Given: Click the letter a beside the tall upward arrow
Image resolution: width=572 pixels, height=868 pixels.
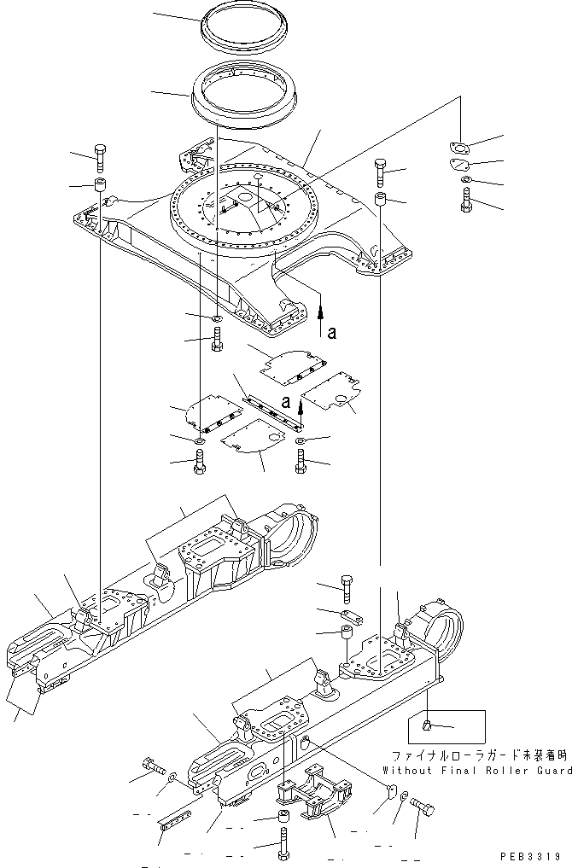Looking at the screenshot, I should coord(332,334).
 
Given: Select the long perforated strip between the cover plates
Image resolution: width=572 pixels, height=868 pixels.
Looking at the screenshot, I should coord(271,409).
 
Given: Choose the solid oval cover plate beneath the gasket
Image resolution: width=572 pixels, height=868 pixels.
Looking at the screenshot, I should coord(460,166).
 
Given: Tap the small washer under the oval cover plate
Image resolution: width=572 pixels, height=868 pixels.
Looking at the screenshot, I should coord(464,183).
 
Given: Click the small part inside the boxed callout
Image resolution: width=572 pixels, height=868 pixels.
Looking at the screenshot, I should coord(427,727).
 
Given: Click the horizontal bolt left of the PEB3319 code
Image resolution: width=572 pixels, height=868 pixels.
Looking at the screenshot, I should coord(422,806).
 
